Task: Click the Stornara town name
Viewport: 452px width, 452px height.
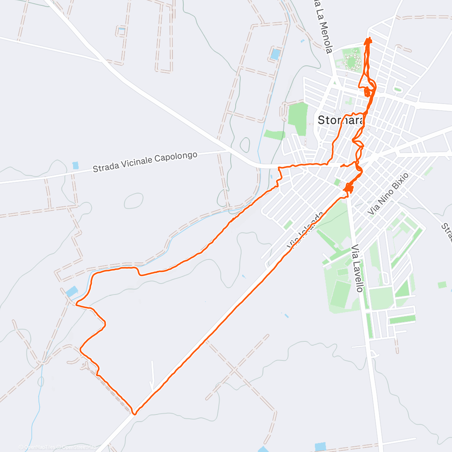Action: click(x=341, y=120)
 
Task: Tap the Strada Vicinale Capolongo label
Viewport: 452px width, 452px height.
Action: click(x=145, y=162)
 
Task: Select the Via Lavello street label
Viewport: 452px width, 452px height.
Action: click(x=357, y=268)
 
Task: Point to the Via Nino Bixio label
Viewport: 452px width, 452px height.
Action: click(x=388, y=194)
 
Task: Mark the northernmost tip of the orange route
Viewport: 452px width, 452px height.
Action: click(x=369, y=38)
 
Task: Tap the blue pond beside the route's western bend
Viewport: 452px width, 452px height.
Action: click(x=72, y=291)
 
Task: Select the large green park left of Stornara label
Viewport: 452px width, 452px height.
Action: click(x=299, y=118)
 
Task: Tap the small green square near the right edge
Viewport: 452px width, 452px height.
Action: click(x=442, y=285)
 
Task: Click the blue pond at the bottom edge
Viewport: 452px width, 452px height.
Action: click(x=321, y=447)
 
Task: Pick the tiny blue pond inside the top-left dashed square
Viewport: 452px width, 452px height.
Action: click(x=121, y=30)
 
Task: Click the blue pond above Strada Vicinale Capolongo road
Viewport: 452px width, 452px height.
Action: click(x=76, y=165)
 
